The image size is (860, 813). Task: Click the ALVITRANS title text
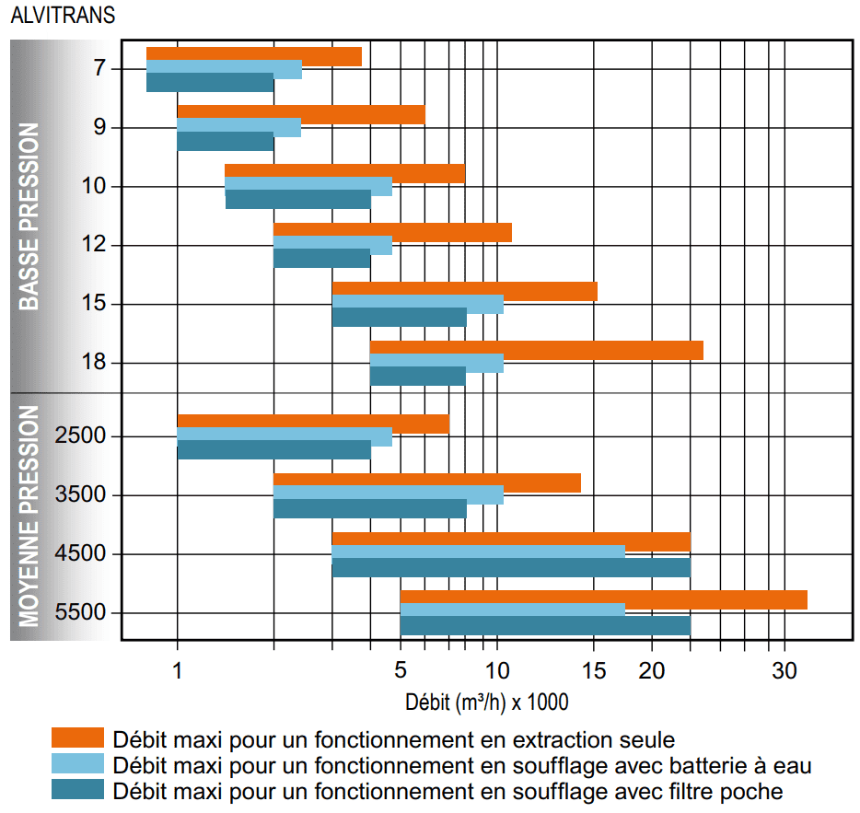pyautogui.click(x=63, y=17)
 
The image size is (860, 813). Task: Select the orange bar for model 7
pyautogui.click(x=253, y=55)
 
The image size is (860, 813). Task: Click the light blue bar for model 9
pyautogui.click(x=238, y=128)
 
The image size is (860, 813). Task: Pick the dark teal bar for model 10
pyautogui.click(x=297, y=200)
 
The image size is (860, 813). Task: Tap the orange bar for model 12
pyautogui.click(x=392, y=231)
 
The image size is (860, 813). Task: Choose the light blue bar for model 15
pyautogui.click(x=417, y=304)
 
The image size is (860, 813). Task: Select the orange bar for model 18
pyautogui.click(x=536, y=350)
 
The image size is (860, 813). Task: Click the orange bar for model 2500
pyautogui.click(x=313, y=423)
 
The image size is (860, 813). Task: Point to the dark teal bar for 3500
pyautogui.click(x=369, y=509)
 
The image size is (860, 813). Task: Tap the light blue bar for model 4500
pyautogui.click(x=478, y=552)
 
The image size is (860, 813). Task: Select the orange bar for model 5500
pyautogui.click(x=603, y=599)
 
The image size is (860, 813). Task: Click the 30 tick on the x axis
pyautogui.click(x=783, y=669)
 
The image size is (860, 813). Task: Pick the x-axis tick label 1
pyautogui.click(x=178, y=669)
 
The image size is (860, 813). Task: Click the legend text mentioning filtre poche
pyautogui.click(x=447, y=791)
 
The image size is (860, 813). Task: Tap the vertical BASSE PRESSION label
pyautogui.click(x=29, y=216)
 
